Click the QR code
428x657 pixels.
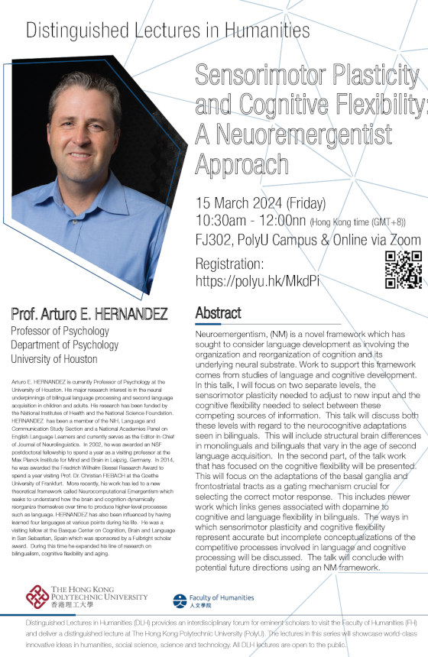coord(401,270)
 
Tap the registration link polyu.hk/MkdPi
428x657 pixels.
coord(258,281)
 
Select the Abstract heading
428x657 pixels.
coord(219,313)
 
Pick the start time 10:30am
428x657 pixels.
coord(221,221)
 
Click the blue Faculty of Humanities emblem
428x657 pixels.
coord(180,602)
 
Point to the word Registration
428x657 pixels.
coord(230,264)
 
